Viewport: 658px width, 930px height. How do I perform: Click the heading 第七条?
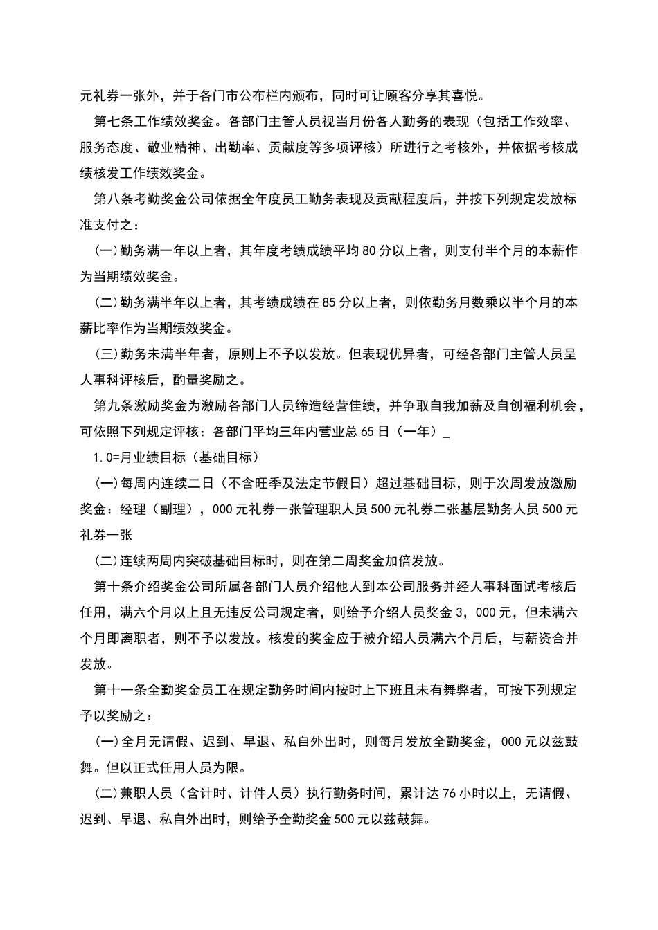click(114, 122)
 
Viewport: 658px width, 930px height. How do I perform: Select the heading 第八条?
click(114, 199)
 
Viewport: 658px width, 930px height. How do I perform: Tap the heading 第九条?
click(114, 406)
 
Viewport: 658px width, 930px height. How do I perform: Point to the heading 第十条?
click(114, 587)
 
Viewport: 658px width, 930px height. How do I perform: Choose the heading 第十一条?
click(121, 690)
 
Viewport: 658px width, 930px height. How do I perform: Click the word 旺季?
click(268, 483)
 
